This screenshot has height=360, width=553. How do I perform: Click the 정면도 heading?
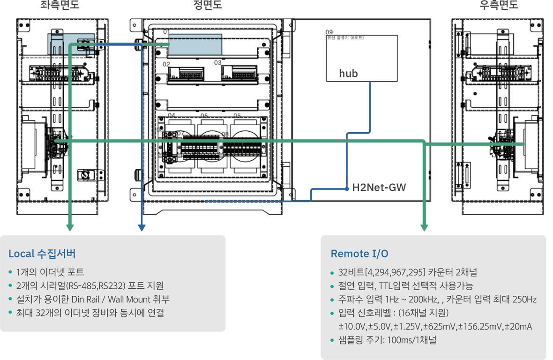208,6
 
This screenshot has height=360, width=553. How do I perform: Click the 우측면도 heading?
499,6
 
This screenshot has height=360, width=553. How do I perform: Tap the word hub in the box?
348,74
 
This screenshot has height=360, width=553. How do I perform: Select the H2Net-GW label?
379,188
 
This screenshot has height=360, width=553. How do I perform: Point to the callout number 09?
329,32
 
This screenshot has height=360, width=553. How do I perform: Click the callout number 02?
166,64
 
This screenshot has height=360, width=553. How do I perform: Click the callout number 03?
218,62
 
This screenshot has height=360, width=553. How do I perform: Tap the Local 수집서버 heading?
42,254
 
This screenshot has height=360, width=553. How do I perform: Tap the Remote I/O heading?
359,254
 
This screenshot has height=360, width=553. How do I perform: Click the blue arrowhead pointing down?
142,228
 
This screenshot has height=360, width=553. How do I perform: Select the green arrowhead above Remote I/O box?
424,228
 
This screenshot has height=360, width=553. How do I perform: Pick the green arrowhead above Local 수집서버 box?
70,228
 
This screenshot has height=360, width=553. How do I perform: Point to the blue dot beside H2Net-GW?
346,188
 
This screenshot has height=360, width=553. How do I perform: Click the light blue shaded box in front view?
195,44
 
